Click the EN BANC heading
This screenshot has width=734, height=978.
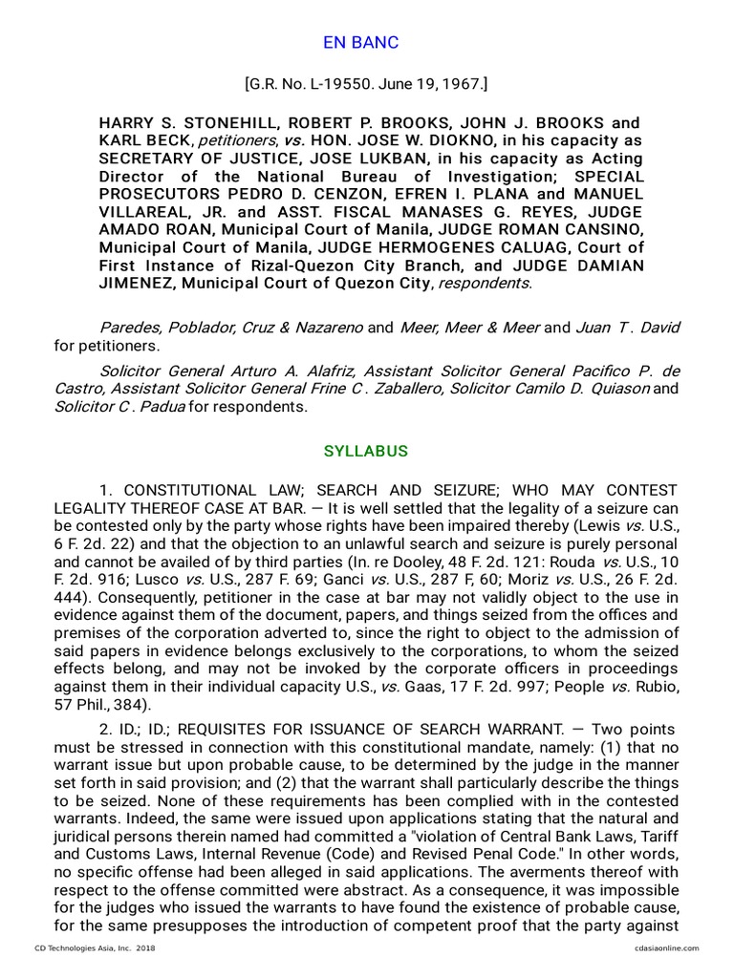point(359,43)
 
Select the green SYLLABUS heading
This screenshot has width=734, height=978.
point(366,451)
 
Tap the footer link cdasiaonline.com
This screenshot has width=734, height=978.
point(666,948)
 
